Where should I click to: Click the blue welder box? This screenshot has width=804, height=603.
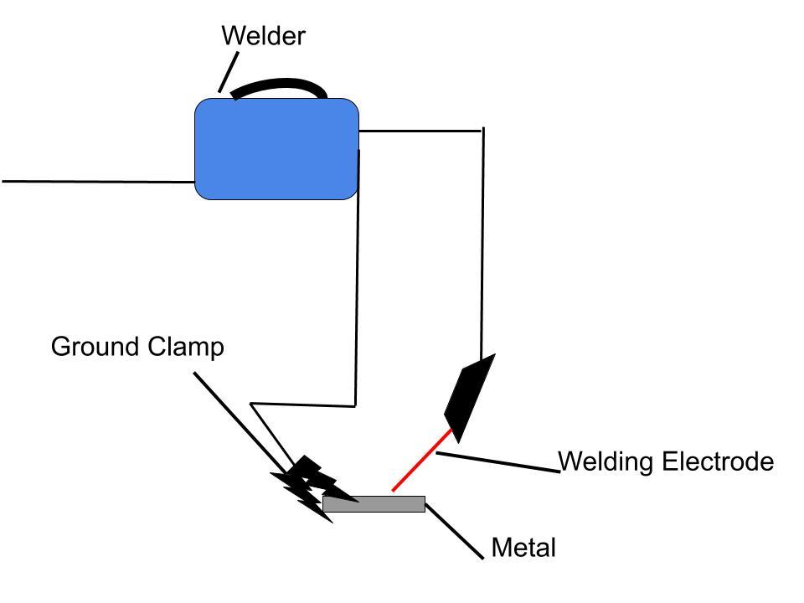pos(276,149)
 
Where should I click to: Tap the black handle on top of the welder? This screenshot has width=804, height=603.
pos(281,85)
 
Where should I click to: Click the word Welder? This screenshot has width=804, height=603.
pos(263,36)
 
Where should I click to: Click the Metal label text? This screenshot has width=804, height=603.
pos(523,549)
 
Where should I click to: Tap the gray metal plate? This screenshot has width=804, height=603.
pos(374,504)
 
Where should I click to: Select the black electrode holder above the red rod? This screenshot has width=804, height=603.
pos(469,397)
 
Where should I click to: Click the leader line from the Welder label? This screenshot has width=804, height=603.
pos(227,72)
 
